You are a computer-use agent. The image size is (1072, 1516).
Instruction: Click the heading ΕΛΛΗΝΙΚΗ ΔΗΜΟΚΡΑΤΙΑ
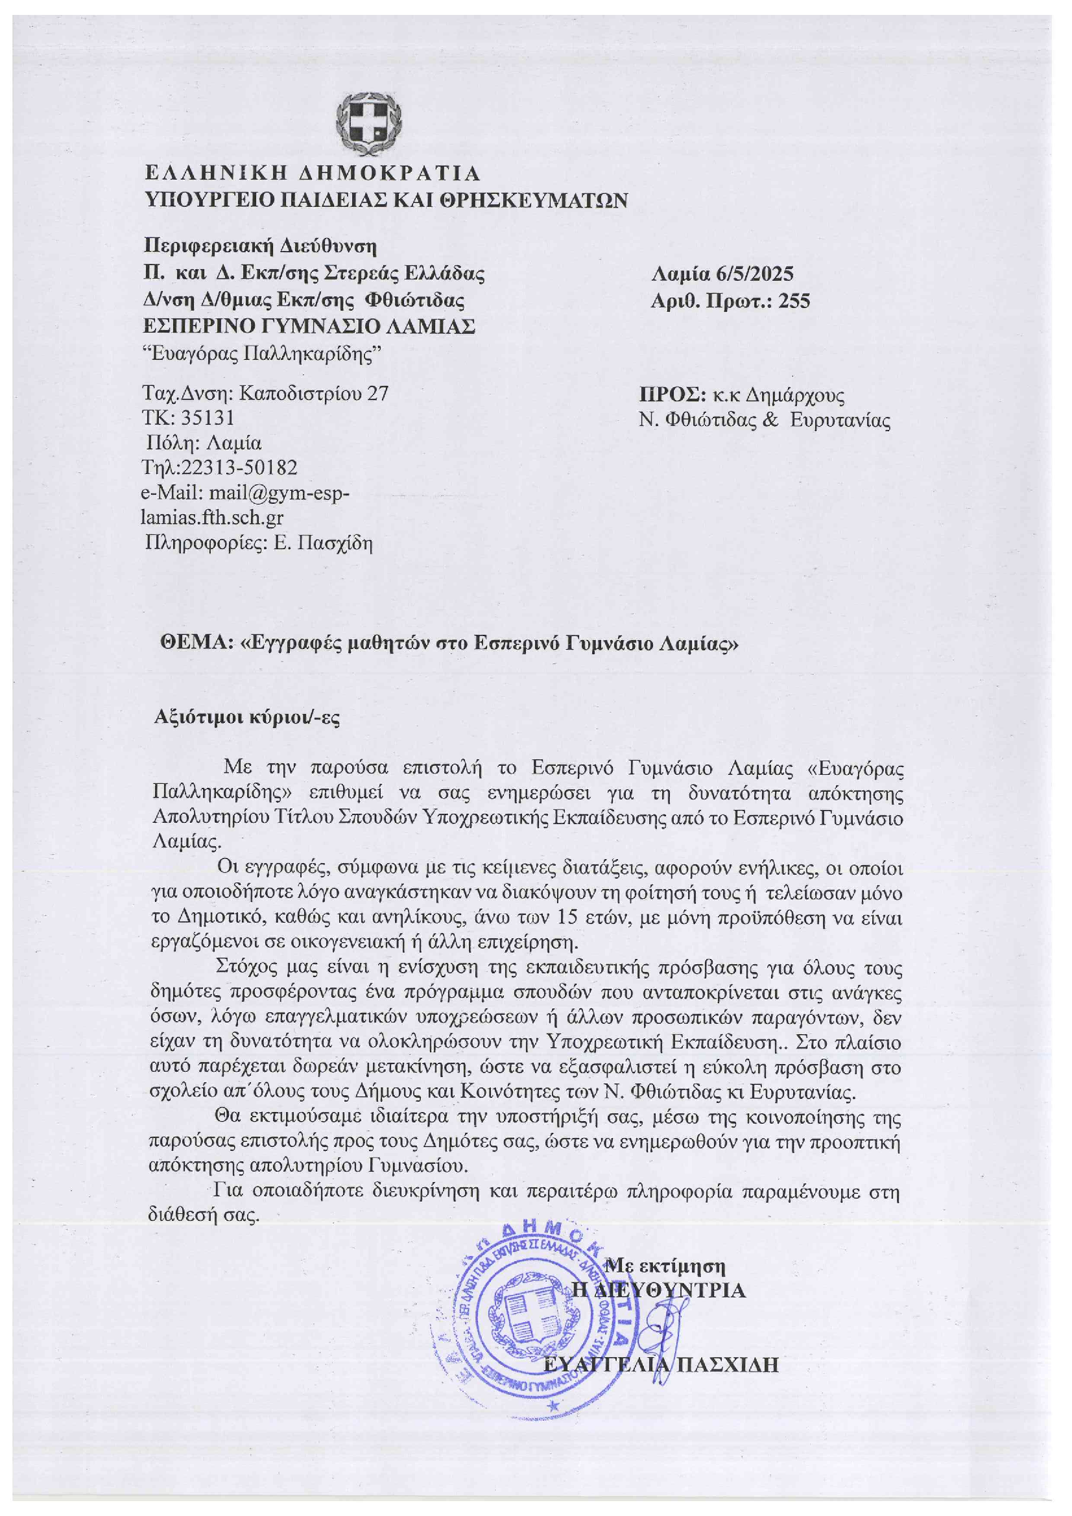coord(313,174)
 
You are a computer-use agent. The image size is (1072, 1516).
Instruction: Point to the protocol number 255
coord(793,301)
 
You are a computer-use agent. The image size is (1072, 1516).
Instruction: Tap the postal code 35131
coord(207,418)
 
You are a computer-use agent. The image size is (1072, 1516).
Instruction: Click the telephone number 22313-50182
coord(239,468)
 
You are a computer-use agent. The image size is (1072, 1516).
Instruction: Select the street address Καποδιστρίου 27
coord(313,394)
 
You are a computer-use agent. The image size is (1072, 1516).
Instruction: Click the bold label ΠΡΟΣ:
coord(673,396)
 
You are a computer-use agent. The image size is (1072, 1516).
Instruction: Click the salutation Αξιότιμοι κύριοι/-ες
coord(247,717)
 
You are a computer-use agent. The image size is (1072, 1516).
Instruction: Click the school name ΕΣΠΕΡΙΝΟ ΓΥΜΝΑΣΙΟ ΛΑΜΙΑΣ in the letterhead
coord(310,327)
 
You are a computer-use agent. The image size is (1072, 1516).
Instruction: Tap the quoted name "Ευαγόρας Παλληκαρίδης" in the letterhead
coord(262,353)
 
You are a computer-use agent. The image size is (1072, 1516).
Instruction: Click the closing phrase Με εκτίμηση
coord(666,1266)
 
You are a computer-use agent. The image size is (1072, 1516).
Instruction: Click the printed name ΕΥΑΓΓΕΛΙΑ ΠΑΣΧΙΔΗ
coord(660,1365)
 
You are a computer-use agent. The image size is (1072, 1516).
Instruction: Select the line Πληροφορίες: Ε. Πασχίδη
coord(259,543)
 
